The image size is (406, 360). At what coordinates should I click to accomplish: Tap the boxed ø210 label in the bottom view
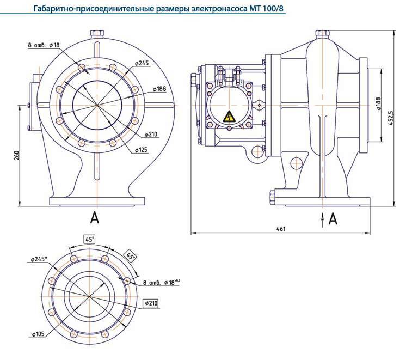pos(151,303)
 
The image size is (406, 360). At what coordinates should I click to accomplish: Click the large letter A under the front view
pos(95,217)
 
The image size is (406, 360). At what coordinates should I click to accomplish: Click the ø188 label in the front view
pos(159,88)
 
